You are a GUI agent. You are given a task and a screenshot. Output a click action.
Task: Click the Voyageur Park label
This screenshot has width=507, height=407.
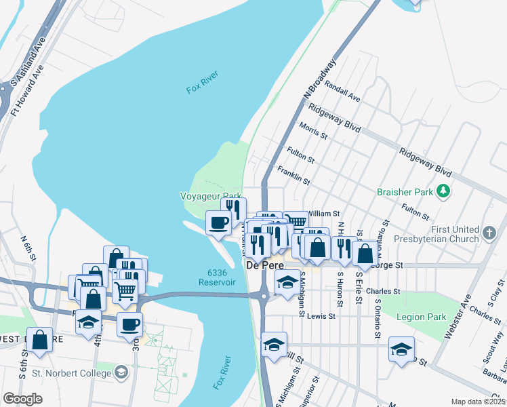pyautogui.click(x=210, y=195)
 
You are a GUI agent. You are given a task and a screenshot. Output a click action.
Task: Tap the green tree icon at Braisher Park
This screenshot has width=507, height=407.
pyautogui.click(x=443, y=192)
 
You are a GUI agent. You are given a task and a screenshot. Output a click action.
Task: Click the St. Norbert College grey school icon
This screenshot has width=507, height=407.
pyautogui.click(x=121, y=372)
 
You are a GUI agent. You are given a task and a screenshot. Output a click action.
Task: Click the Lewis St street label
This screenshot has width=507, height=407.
pyautogui.click(x=321, y=316)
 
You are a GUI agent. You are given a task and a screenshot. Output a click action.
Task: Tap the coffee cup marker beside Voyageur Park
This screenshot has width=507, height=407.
pyautogui.click(x=218, y=222)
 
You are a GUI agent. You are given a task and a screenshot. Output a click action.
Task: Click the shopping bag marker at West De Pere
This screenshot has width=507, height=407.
pyautogui.click(x=40, y=340)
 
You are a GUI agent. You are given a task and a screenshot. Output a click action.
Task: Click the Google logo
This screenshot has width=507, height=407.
pyautogui.click(x=22, y=398)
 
